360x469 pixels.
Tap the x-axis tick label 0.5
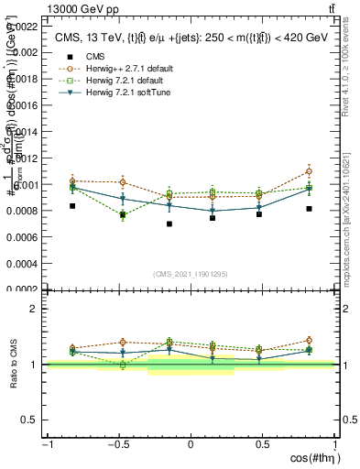(263, 444)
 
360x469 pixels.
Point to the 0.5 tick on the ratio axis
(30, 420)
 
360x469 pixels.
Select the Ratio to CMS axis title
(14, 365)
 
